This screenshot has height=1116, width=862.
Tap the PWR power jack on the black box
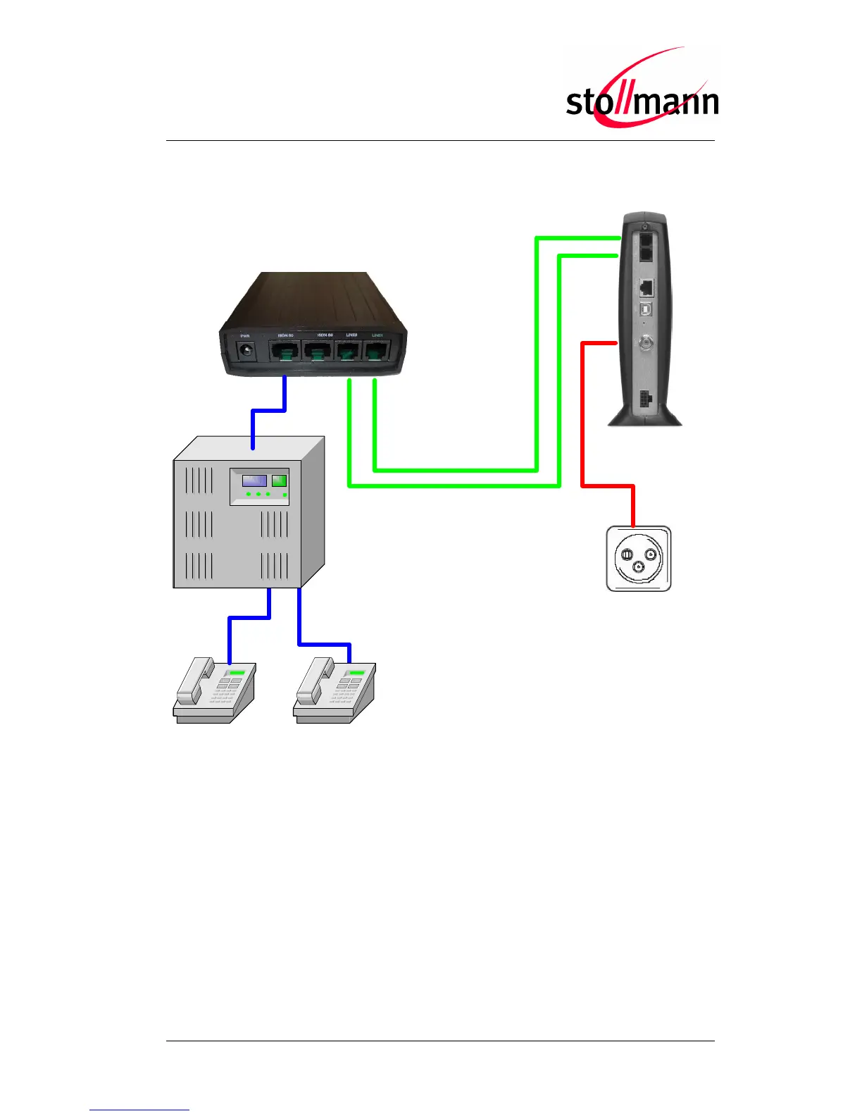[246, 350]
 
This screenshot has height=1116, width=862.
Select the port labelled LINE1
[377, 351]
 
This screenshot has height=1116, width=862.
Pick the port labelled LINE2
[348, 351]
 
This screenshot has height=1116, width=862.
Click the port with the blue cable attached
[284, 352]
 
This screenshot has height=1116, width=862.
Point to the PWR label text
[245, 335]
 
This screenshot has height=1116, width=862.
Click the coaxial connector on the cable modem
[644, 343]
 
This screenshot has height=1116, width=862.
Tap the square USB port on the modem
[644, 309]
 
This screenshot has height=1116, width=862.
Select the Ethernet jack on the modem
[646, 287]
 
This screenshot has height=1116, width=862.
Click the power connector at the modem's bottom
[644, 399]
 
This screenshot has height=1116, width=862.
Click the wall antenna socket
[638, 559]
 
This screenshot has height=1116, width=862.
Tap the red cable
[582, 423]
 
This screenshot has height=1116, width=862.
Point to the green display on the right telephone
[356, 674]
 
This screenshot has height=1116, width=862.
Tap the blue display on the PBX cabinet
[254, 480]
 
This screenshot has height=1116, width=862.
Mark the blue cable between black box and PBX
[268, 411]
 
